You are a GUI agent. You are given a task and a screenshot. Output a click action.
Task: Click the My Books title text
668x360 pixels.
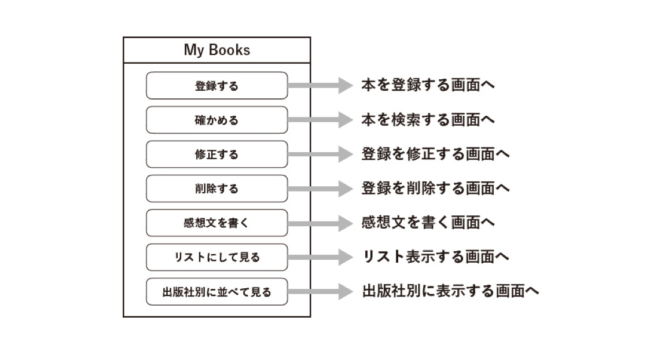(216, 50)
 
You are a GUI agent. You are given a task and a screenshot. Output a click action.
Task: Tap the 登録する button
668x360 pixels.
(216, 86)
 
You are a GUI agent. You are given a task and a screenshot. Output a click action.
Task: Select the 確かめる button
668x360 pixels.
(216, 120)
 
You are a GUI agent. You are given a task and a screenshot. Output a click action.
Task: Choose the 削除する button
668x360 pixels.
(216, 189)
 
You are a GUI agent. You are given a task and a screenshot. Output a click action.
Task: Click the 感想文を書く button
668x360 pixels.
(216, 223)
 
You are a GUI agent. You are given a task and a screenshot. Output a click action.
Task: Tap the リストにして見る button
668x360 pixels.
(216, 258)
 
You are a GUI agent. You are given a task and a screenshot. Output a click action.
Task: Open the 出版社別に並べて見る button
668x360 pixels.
(216, 292)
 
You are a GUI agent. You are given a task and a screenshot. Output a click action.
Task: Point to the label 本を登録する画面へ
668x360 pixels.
(428, 85)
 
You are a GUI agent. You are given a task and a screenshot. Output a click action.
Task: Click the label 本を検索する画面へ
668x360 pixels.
(428, 120)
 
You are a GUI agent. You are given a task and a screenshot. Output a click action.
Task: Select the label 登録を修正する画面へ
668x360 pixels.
(435, 154)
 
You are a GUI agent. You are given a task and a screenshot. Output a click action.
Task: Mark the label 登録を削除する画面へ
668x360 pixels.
(435, 188)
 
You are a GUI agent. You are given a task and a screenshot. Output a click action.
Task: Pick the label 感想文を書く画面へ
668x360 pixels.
(428, 222)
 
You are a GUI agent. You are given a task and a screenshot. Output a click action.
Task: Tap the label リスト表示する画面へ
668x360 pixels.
(435, 256)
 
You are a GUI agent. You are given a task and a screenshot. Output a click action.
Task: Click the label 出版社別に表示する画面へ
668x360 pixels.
(450, 291)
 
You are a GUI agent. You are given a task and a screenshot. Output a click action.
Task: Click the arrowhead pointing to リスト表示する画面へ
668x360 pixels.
(345, 258)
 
